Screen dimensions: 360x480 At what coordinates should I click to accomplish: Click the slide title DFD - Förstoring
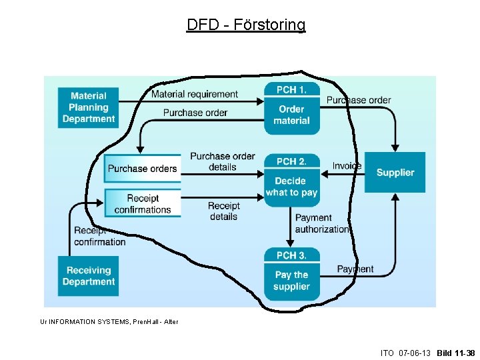246,25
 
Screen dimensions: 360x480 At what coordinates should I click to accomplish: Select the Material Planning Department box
89,107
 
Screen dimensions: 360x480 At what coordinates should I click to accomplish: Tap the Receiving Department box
89,276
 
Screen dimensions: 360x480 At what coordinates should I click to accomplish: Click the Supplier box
395,173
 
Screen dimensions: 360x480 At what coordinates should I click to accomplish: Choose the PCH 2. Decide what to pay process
291,180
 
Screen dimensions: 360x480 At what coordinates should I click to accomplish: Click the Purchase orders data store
142,169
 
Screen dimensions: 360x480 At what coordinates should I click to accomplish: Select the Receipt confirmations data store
142,203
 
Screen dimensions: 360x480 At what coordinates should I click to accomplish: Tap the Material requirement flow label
194,94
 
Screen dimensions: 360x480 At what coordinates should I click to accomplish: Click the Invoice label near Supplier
347,165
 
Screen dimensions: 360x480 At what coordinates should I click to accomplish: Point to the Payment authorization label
322,223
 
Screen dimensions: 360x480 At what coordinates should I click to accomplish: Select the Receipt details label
224,211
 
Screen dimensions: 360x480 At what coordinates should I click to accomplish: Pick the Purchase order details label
223,161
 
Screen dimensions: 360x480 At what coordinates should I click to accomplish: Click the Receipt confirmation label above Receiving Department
100,236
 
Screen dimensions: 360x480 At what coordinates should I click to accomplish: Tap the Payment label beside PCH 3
355,269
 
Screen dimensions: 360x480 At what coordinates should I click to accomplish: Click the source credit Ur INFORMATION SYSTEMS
109,322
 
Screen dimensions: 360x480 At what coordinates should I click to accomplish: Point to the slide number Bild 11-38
456,353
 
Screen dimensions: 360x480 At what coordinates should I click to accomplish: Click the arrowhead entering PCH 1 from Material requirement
261,101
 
